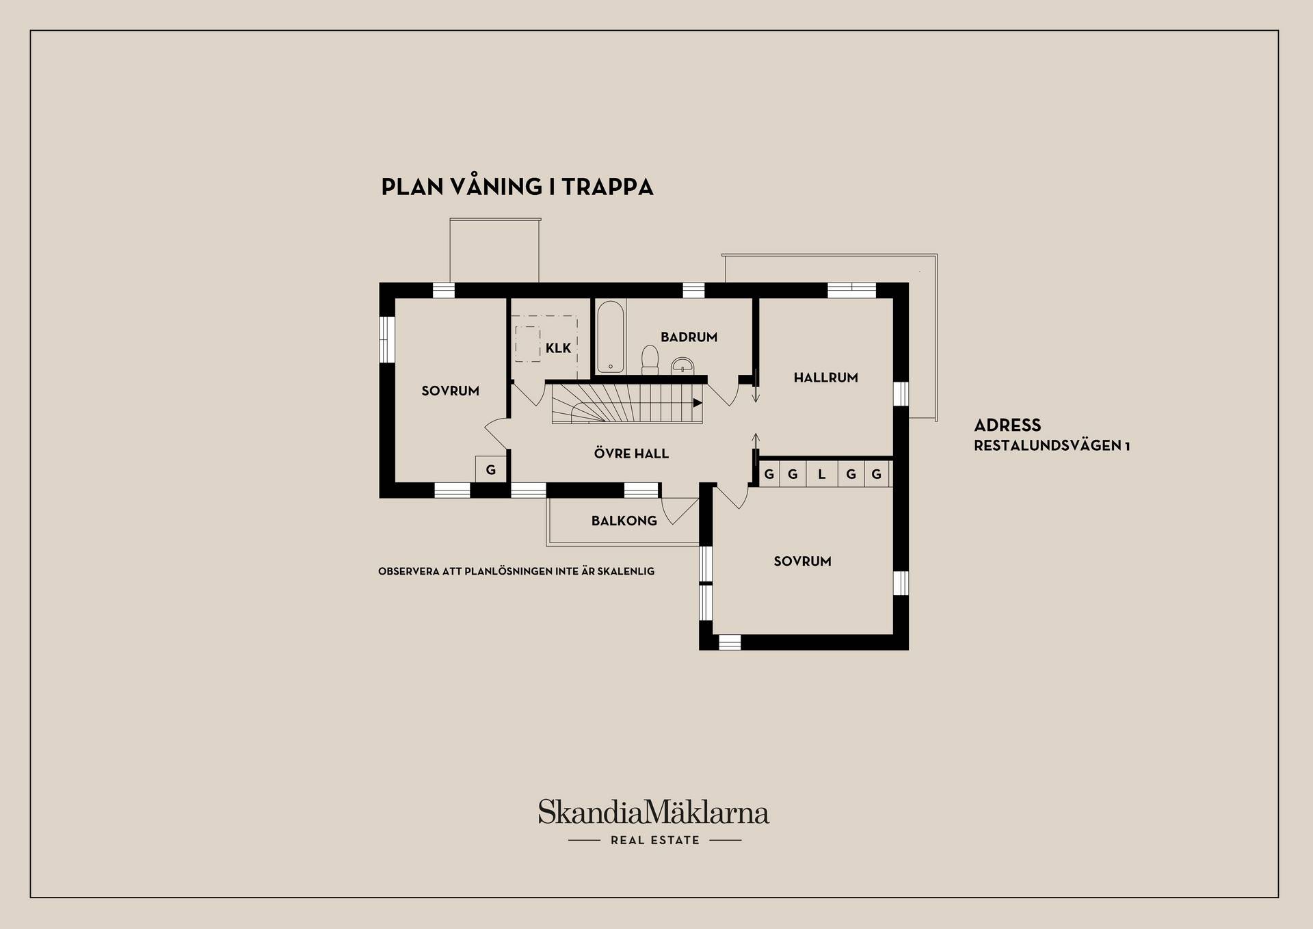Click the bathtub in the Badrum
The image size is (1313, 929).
pyautogui.click(x=610, y=337)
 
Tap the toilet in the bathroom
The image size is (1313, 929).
pyautogui.click(x=650, y=360)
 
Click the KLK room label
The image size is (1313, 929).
pyautogui.click(x=558, y=348)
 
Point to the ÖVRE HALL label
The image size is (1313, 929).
pyautogui.click(x=631, y=454)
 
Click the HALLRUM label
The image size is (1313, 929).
pyautogui.click(x=825, y=378)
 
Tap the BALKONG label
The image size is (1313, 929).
pyautogui.click(x=624, y=521)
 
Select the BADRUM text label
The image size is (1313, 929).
pyautogui.click(x=689, y=337)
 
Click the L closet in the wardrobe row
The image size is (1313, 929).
pyautogui.click(x=822, y=474)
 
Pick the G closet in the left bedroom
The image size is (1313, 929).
pyautogui.click(x=491, y=469)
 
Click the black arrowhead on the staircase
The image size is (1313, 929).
pyautogui.click(x=698, y=403)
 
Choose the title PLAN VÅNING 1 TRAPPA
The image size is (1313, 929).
pyautogui.click(x=517, y=187)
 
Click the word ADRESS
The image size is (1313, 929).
pyautogui.click(x=1007, y=426)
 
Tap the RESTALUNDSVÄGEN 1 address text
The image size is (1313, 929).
pyautogui.click(x=1052, y=446)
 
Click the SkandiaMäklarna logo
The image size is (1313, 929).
pyautogui.click(x=654, y=812)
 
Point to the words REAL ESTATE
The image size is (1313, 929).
pyautogui.click(x=655, y=840)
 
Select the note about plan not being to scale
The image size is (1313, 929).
pyautogui.click(x=516, y=571)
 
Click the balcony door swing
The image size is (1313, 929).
pyautogui.click(x=679, y=510)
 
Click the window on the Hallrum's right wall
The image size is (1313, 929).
pyautogui.click(x=901, y=393)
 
